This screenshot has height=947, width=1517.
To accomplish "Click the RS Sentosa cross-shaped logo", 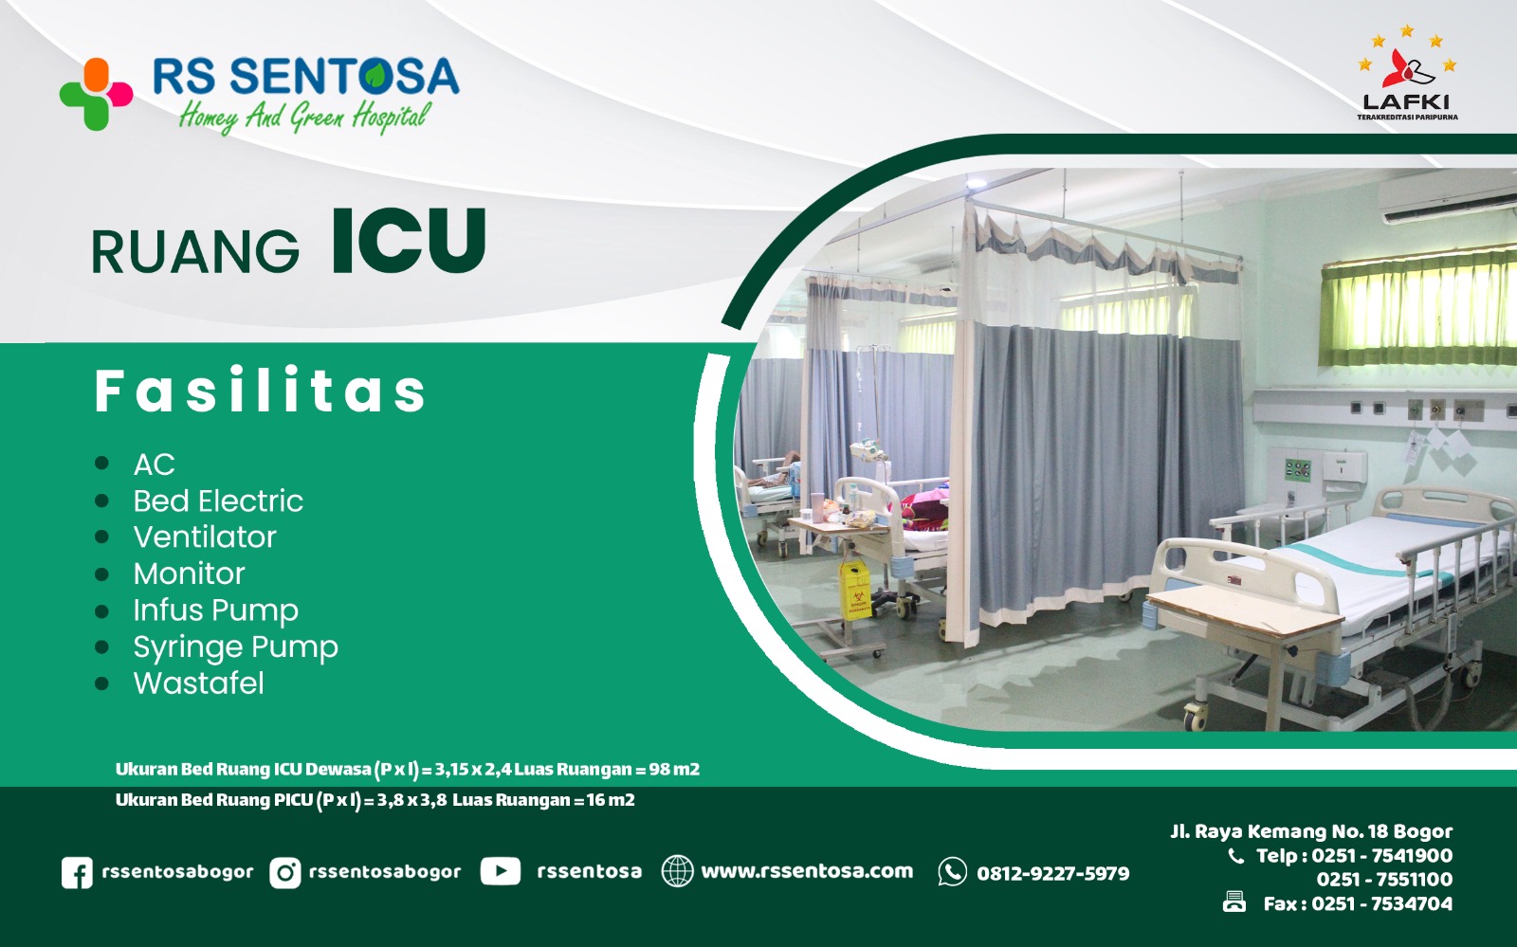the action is (96, 94).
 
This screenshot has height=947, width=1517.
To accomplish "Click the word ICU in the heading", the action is (409, 241).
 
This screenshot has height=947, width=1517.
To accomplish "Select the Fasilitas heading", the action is (260, 391).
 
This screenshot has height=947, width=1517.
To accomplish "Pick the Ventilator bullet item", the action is (205, 537).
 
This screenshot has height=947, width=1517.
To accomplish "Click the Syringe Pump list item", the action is (236, 647).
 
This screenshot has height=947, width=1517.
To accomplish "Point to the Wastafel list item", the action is (198, 683).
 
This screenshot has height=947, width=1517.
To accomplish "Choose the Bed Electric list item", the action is (218, 501).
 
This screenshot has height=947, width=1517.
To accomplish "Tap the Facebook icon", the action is (77, 872).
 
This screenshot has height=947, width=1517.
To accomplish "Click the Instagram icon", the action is (285, 872).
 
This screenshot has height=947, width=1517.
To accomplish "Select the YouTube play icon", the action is (501, 871).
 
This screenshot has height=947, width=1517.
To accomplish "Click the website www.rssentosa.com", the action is (807, 871).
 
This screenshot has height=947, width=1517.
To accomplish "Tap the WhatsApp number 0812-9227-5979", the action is (1052, 873).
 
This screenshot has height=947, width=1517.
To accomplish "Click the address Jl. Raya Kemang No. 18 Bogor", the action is (1311, 831).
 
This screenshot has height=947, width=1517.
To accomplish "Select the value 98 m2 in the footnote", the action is (674, 769).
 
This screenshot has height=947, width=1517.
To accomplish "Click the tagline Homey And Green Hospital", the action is (304, 118).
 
